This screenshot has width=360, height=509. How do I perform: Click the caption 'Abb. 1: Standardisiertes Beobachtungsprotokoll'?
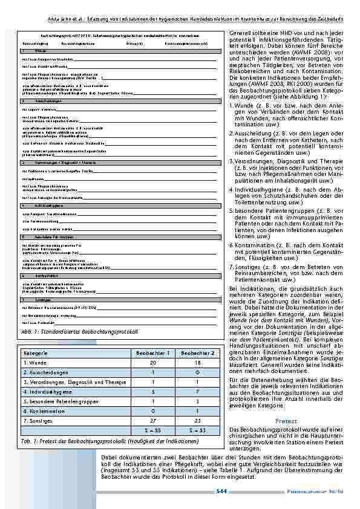click(x=79, y=332)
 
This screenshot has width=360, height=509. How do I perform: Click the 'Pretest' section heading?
click(x=286, y=420)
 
